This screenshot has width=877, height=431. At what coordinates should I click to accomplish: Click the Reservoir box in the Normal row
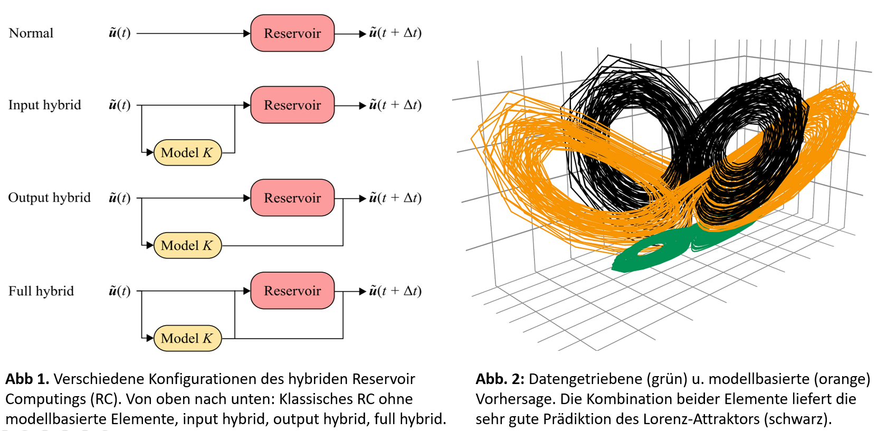292,33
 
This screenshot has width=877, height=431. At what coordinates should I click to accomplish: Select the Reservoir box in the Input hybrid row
292,105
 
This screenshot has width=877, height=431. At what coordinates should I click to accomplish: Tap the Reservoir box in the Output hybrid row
292,198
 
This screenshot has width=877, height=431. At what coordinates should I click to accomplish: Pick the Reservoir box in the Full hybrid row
292,291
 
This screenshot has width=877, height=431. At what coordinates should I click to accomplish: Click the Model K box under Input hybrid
187,152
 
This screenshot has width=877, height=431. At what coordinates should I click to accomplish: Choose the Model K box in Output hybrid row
187,245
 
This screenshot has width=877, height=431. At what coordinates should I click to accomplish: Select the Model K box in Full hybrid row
187,338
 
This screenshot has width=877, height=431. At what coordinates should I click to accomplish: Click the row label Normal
31,33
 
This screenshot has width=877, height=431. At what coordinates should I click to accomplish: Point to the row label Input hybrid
45,106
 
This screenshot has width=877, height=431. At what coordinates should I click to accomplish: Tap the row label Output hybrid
49,198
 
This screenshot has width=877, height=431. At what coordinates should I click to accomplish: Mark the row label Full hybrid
41,291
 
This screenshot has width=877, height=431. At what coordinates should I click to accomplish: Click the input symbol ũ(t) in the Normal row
119,33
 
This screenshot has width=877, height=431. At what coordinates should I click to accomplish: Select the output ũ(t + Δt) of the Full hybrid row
395,291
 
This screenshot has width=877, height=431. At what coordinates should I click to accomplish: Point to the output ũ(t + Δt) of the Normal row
395,33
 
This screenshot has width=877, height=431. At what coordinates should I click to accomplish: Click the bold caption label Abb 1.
27,379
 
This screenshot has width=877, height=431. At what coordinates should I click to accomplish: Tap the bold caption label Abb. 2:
500,379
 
